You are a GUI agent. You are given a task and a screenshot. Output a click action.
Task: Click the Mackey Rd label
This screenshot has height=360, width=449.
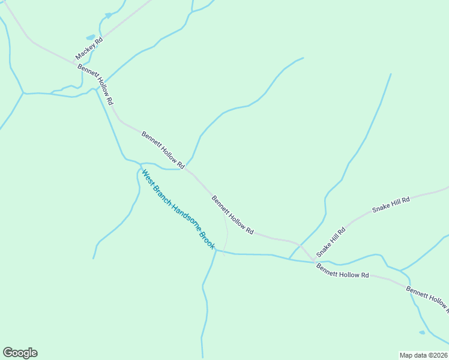pyautogui.click(x=89, y=49)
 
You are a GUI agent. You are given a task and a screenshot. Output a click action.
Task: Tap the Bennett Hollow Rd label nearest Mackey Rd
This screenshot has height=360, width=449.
pyautogui.click(x=95, y=85)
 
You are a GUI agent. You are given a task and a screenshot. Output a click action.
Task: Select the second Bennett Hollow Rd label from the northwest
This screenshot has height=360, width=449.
pyautogui.click(x=162, y=149)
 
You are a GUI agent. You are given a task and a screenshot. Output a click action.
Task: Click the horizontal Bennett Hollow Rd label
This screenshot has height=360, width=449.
pyautogui.click(x=343, y=271)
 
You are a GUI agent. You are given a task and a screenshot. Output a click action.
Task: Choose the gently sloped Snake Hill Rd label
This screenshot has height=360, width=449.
pyautogui.click(x=391, y=204)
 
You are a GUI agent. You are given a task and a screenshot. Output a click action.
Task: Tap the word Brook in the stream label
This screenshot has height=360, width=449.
pyautogui.click(x=206, y=239)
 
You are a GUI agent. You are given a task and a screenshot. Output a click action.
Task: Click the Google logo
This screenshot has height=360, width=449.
pyautogui.click(x=20, y=352)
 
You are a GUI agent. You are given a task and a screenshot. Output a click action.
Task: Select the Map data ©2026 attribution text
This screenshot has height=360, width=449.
pyautogui.click(x=423, y=355)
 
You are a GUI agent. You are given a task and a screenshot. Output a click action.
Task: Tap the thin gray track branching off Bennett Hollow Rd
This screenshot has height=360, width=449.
pyautogui.click(x=226, y=231)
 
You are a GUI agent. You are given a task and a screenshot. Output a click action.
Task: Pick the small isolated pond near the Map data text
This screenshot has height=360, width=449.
pyautogui.click(x=422, y=332)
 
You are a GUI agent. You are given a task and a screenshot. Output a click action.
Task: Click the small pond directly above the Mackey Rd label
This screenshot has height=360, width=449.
pyautogui.click(x=90, y=37)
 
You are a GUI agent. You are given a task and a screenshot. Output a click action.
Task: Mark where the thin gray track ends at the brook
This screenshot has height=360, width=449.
pyautogui.click(x=223, y=253)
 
